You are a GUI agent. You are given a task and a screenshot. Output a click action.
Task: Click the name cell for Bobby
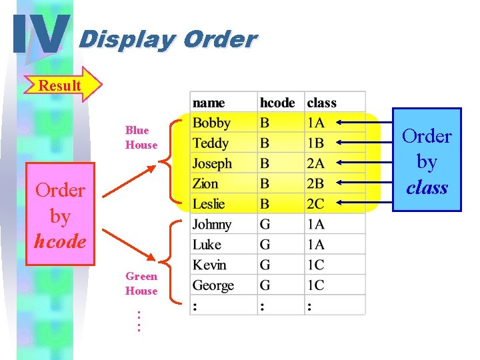click(x=211, y=123)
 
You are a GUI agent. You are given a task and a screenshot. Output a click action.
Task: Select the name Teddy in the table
click(x=211, y=143)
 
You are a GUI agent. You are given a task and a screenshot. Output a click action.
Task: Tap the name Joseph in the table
click(x=213, y=164)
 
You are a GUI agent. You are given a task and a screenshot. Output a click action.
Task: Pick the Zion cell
click(x=205, y=184)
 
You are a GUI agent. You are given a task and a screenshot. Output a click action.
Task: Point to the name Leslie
click(x=209, y=204)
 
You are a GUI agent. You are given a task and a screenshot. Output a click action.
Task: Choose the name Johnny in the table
click(x=212, y=225)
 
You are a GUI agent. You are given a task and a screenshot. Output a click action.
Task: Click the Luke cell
click(x=207, y=245)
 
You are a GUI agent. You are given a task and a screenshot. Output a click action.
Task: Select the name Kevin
click(x=209, y=265)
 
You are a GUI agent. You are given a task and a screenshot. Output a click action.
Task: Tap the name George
click(x=213, y=285)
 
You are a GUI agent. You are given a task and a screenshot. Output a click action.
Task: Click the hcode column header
click(x=277, y=103)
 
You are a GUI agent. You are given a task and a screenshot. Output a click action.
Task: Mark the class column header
click(x=322, y=103)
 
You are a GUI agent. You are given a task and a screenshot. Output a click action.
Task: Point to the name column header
click(x=209, y=103)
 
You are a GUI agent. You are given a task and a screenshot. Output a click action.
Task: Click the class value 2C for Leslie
click(x=316, y=204)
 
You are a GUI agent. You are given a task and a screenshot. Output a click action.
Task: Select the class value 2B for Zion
click(x=316, y=184)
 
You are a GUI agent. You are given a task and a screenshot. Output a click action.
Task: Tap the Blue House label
click(x=141, y=137)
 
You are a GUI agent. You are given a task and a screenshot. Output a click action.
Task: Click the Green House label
click(x=141, y=283)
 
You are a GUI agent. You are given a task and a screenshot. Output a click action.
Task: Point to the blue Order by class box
click(x=427, y=160)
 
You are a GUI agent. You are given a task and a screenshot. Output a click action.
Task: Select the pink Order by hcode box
click(x=60, y=215)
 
